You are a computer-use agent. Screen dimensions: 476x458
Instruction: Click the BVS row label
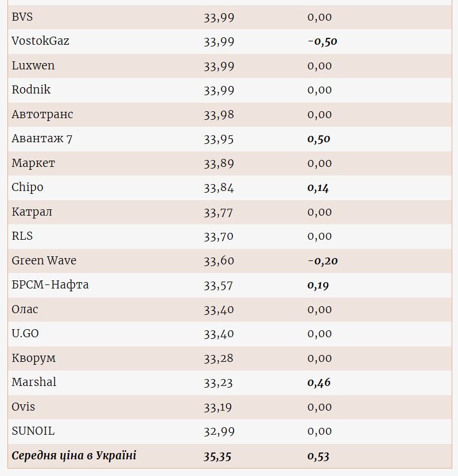point(22,17)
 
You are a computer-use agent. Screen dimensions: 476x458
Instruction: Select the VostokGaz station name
point(40,41)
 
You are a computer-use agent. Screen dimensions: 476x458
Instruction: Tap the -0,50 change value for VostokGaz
point(322,41)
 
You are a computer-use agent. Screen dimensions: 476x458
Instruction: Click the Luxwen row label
point(33,65)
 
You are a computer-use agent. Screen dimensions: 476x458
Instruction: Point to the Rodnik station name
point(31,90)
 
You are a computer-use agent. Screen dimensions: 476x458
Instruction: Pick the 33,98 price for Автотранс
point(219,115)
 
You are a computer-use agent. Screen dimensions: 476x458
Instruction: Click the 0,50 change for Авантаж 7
point(319,139)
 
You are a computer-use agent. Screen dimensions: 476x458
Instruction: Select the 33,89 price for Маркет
point(219,163)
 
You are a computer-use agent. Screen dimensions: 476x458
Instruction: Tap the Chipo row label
point(28,188)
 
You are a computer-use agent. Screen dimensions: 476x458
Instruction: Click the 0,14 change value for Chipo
point(318,188)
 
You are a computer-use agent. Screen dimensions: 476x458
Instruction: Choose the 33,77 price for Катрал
point(219,212)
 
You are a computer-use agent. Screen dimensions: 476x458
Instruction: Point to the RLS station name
point(22,236)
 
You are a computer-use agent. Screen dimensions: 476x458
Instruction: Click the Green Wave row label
point(44,260)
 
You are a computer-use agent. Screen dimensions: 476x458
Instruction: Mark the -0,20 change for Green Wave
point(322,261)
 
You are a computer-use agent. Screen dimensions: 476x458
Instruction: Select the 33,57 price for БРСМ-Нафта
point(219,285)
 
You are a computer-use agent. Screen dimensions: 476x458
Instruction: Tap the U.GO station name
point(25,334)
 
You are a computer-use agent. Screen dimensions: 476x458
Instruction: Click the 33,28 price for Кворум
point(219,358)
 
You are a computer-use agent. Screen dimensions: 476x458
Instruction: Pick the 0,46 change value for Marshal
point(319,383)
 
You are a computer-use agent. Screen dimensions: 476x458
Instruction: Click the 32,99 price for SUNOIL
point(219,431)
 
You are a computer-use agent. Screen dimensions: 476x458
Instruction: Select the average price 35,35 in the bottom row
point(219,457)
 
